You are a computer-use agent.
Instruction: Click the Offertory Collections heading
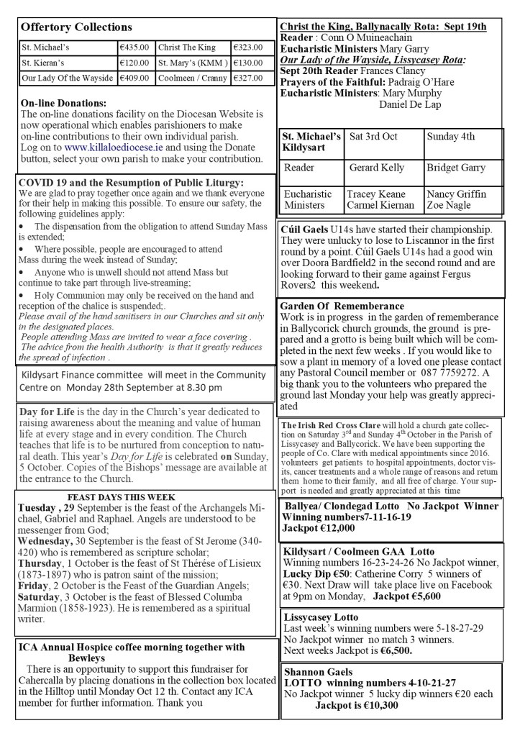77,27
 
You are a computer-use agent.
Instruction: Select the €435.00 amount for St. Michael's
134,47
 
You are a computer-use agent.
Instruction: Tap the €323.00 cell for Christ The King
247,47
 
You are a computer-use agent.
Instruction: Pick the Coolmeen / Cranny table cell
190,78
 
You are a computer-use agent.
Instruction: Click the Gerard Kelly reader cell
378,168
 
